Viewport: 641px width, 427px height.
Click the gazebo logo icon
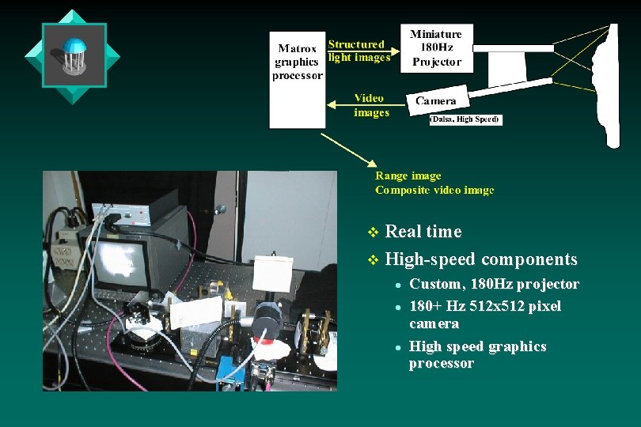(73, 55)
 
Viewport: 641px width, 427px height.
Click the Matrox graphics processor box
(297, 79)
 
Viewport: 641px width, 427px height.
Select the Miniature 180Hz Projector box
(436, 48)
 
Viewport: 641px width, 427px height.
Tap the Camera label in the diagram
(436, 101)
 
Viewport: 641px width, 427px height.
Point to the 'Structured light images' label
(358, 51)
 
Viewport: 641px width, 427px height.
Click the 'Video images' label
(370, 105)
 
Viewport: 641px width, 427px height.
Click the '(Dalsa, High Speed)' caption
(465, 119)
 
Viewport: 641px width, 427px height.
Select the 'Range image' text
(408, 176)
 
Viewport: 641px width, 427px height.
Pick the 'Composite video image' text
(434, 191)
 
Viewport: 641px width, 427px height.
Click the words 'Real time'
(423, 232)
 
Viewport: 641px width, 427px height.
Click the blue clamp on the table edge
(226, 371)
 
